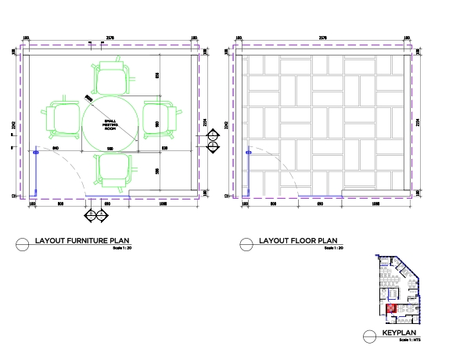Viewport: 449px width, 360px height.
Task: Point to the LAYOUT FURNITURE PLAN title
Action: point(82,240)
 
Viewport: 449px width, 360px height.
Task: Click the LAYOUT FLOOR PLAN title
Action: point(297,240)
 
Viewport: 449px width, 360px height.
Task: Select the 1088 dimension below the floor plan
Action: point(375,203)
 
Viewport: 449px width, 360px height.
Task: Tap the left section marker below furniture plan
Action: point(91,214)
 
